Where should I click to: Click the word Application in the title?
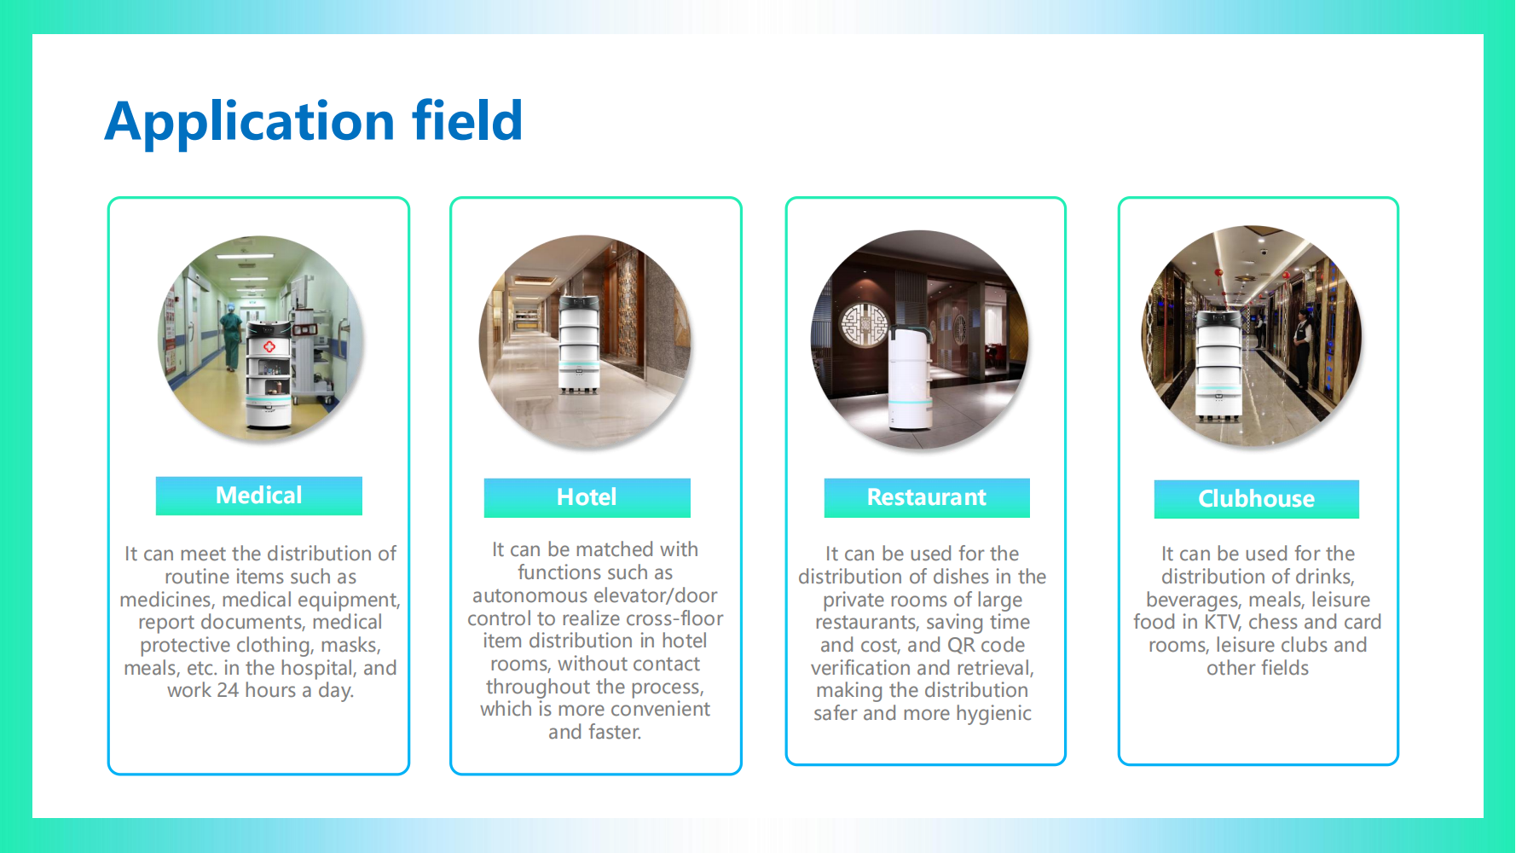(x=250, y=122)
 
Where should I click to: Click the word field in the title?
(x=467, y=120)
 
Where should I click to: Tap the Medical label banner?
(x=259, y=496)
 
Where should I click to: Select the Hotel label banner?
(x=587, y=497)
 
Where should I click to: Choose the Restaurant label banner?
(x=927, y=497)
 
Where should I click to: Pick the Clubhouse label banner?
(x=1257, y=499)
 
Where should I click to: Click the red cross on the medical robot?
(x=269, y=346)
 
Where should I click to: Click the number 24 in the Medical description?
(x=227, y=691)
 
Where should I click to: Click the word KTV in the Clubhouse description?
(x=1222, y=623)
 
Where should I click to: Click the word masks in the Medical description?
(x=350, y=646)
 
